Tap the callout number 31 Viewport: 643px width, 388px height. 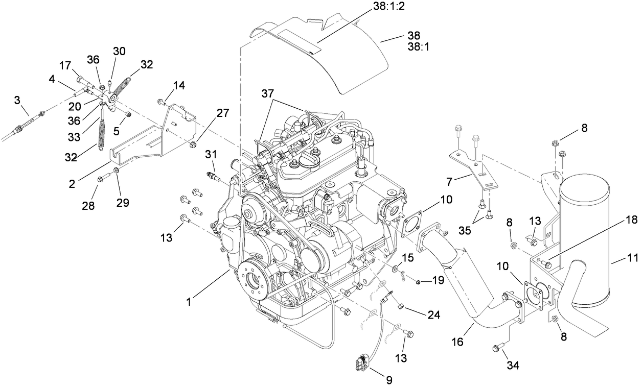point(212,154)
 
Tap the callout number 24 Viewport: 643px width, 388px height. point(434,315)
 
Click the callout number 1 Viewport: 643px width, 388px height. point(189,302)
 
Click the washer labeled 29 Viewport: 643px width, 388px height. point(116,169)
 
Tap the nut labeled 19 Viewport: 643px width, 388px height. point(418,281)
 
